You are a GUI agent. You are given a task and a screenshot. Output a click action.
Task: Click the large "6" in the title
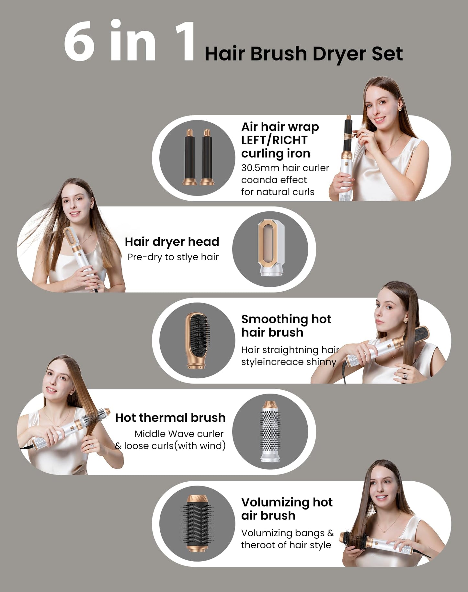pyautogui.click(x=79, y=41)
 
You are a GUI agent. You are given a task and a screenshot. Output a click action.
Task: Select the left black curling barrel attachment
pyautogui.click(x=189, y=157)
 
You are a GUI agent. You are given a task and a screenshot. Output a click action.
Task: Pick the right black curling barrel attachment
pyautogui.click(x=206, y=157)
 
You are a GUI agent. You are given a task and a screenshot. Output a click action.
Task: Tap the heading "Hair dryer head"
pyautogui.click(x=172, y=242)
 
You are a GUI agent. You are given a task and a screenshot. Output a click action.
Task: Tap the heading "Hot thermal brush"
pyautogui.click(x=170, y=418)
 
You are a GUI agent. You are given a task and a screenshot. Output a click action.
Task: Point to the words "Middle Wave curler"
pyautogui.click(x=179, y=434)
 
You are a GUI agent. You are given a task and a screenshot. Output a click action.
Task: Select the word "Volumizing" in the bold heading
pyautogui.click(x=275, y=502)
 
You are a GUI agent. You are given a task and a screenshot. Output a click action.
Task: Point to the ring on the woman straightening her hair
pyautogui.click(x=405, y=375)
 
